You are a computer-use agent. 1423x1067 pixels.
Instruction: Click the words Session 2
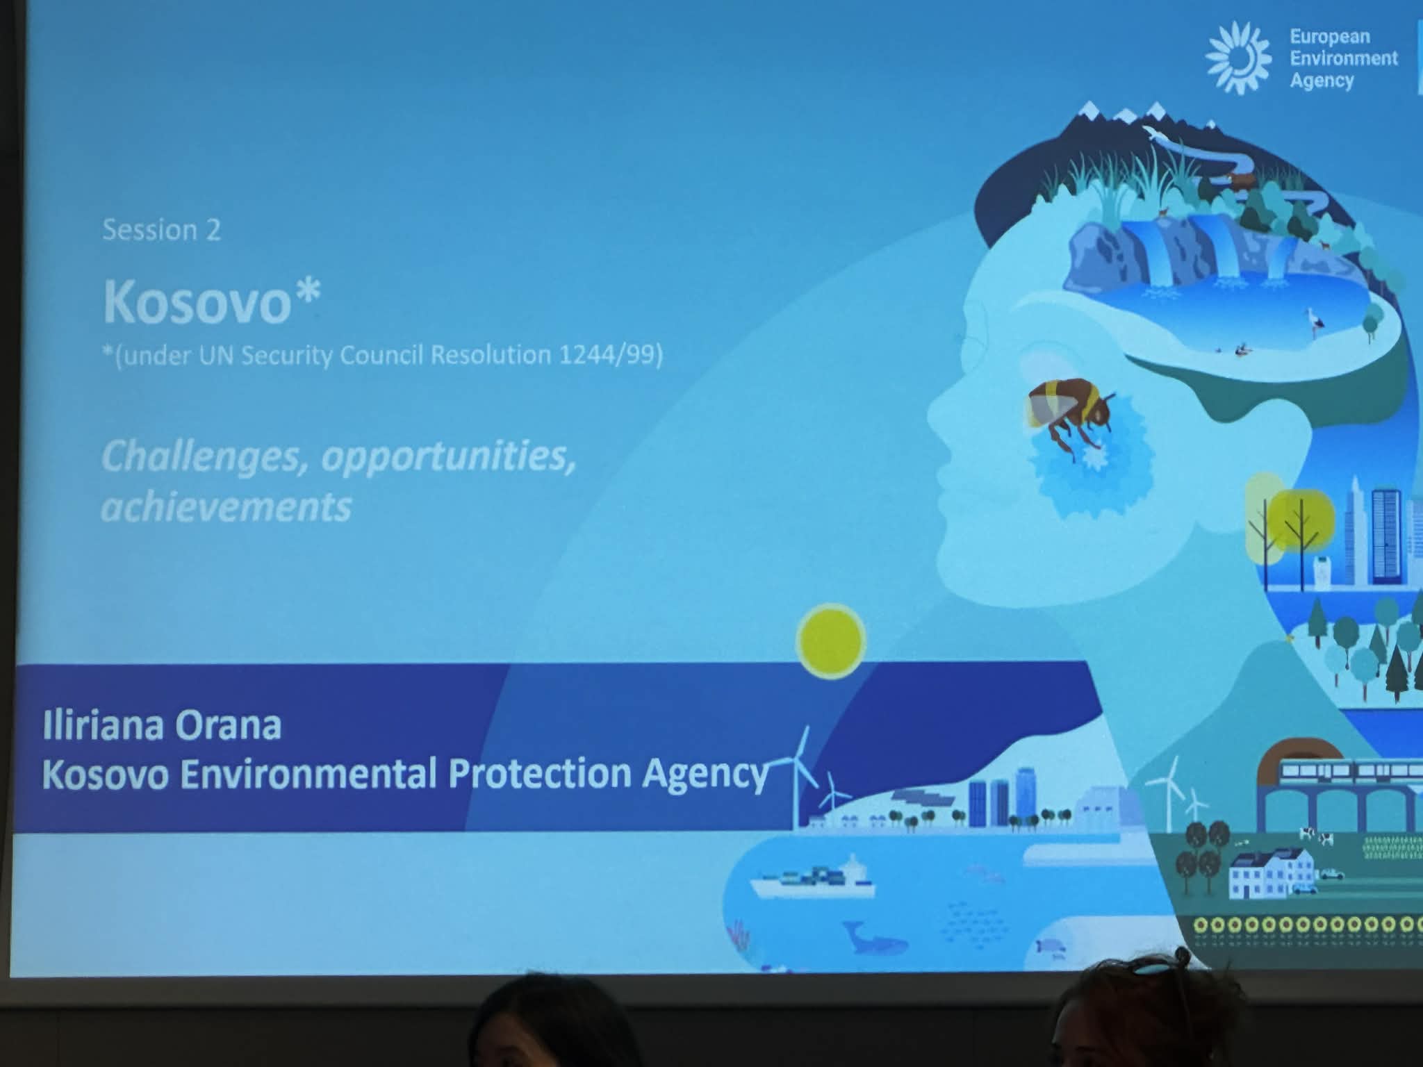click(161, 230)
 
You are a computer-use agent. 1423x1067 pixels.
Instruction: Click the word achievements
click(227, 506)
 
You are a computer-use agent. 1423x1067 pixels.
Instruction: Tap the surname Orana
click(229, 726)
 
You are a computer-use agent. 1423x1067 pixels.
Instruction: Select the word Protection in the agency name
click(539, 773)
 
